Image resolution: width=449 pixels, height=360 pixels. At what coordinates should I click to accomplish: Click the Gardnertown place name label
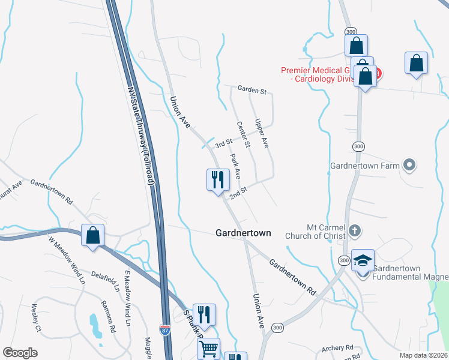point(243,233)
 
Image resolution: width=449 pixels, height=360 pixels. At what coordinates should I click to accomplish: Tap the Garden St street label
point(252,91)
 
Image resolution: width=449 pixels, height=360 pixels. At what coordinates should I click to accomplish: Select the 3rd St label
point(223,143)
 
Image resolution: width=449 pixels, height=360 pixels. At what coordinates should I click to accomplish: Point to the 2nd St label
point(239,193)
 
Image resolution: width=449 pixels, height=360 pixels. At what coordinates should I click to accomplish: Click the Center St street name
point(243,134)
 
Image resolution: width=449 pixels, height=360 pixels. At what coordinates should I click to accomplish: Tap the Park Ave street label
point(235,166)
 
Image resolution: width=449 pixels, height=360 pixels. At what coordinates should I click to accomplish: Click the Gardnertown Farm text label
point(365,166)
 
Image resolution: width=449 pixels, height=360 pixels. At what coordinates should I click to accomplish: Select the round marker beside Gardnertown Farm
point(410,164)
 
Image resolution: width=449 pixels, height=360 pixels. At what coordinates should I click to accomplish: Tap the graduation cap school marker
point(363,261)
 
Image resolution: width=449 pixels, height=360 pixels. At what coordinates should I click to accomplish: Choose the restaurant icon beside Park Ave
point(218,179)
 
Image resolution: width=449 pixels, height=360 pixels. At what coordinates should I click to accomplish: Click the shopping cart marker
point(208,348)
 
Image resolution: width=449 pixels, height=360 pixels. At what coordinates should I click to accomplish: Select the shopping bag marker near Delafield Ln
point(93,235)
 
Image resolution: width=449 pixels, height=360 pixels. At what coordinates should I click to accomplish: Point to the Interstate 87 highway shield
point(165,330)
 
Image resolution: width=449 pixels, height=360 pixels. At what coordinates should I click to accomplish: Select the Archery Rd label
point(337,348)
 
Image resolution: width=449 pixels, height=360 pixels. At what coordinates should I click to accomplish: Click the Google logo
point(20,353)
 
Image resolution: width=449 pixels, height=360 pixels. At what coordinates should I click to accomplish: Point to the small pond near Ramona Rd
point(94,324)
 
